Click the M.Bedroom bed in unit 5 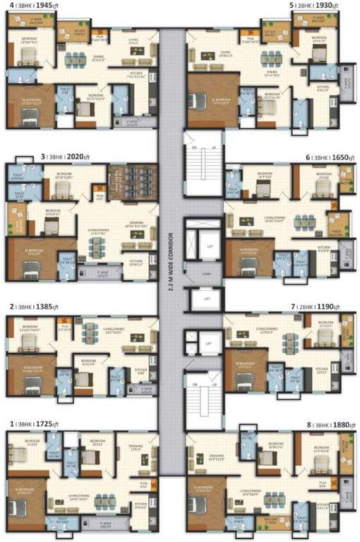tap(205, 99)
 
